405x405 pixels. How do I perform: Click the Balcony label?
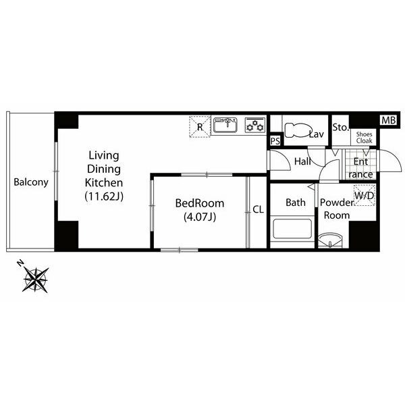coord(31,182)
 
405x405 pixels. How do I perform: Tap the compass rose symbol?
coord(36,279)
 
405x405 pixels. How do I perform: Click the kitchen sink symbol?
coord(225,125)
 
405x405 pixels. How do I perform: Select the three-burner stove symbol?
coord(255,126)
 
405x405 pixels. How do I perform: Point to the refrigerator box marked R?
coord(200,127)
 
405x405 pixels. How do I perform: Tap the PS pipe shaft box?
coord(275,141)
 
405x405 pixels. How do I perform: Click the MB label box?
coord(389,120)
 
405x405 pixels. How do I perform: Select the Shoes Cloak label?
coord(364,138)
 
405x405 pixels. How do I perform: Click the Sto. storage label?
coord(341,128)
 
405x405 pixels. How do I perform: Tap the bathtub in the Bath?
coord(292,229)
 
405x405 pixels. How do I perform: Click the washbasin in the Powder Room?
coord(330,240)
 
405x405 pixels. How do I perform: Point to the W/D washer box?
coord(364,196)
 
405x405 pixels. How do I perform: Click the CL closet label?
coord(258,209)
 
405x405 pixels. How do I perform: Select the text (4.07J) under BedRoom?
coord(200,217)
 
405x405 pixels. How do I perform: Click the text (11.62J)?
coord(104,196)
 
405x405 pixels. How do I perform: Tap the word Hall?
coord(302,161)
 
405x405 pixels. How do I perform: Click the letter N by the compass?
coord(20,263)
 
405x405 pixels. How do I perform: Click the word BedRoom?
coord(200,203)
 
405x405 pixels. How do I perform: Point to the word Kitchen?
coord(104,183)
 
